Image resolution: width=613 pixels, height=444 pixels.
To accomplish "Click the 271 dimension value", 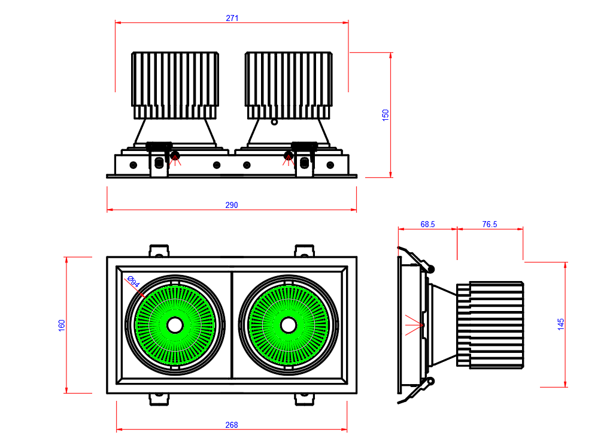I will [x=232, y=18].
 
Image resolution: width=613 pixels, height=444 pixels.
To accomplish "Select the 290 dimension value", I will [x=232, y=205].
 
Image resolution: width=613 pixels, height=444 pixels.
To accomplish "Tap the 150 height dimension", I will [x=386, y=115].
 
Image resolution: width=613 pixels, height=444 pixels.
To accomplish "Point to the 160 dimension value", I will [x=62, y=325].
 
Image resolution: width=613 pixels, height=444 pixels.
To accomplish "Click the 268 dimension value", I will [x=232, y=425].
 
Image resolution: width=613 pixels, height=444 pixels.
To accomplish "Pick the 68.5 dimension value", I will [x=427, y=224].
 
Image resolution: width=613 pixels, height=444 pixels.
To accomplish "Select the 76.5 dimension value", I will [x=490, y=224].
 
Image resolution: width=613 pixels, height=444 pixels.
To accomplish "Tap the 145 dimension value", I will [x=561, y=324].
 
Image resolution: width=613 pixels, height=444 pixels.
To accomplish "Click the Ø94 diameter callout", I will [x=133, y=282].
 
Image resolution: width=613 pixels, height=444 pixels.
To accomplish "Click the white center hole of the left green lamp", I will [x=175, y=325].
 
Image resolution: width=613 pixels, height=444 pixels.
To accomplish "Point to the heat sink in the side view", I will [x=491, y=324].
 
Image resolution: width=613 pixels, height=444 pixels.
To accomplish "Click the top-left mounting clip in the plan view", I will [x=159, y=251].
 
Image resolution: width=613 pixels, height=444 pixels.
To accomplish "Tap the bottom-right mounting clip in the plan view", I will [x=304, y=399].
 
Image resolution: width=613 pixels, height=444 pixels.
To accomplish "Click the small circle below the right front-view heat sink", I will [x=274, y=122].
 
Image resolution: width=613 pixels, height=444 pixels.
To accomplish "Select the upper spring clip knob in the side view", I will [x=430, y=268].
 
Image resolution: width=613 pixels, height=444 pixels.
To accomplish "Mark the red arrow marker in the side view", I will [x=414, y=324].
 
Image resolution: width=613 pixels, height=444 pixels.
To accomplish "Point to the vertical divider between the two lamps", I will [x=232, y=325].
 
